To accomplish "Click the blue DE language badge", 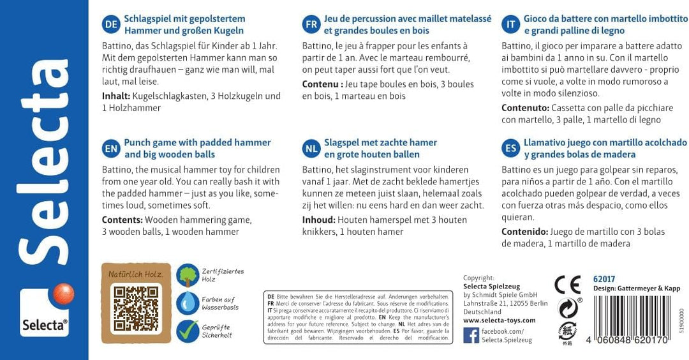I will (x=111, y=25).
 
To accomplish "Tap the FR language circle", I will (x=311, y=25).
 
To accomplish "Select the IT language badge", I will (x=510, y=25).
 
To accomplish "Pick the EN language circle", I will (x=111, y=149).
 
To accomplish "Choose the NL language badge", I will (x=311, y=149).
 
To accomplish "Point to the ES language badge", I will (x=510, y=149).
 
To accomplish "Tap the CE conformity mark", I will (x=567, y=284).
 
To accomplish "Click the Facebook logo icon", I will (x=471, y=335).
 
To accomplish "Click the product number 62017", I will (x=604, y=279).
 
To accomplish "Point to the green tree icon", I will (x=187, y=275).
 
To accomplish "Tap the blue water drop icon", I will (x=187, y=303).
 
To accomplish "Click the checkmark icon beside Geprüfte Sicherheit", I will (x=187, y=331).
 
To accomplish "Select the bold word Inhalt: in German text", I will (x=116, y=96).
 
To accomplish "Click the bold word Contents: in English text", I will (x=122, y=220).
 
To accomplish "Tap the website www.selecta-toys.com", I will (x=499, y=320).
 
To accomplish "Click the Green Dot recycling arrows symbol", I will (x=567, y=308).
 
